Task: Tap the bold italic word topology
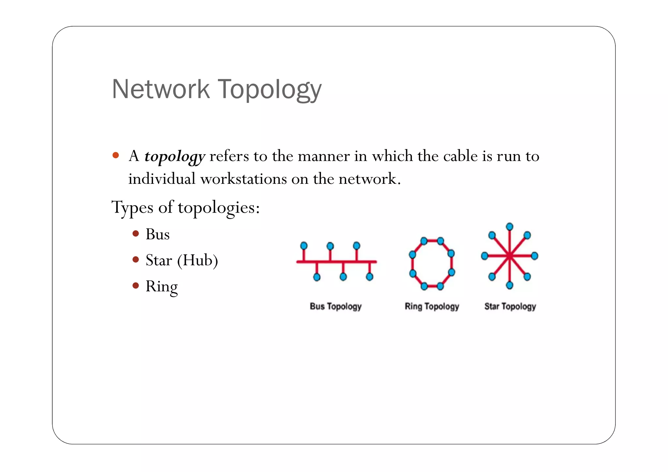tap(175, 157)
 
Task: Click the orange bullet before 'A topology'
tap(115, 155)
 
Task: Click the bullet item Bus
tap(158, 234)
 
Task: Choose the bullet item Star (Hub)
tap(182, 260)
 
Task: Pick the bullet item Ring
tap(161, 287)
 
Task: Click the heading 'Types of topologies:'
tap(186, 207)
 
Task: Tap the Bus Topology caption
tap(336, 306)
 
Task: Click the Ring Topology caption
tap(432, 306)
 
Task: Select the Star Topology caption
tap(510, 306)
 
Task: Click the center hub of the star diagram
tap(509, 256)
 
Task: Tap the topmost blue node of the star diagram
tap(509, 227)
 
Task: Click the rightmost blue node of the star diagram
tap(535, 256)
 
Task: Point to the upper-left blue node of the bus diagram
tap(304, 245)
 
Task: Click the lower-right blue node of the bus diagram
tap(370, 277)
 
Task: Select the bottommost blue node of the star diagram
tap(509, 286)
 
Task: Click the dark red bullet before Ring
tap(136, 286)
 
